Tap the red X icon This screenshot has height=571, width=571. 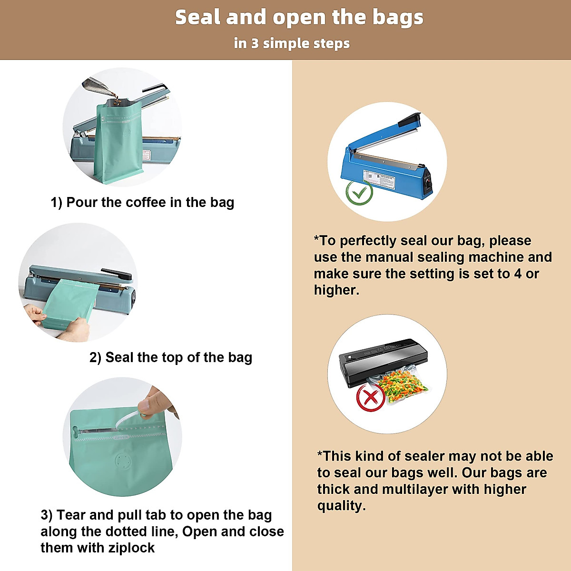point(371,397)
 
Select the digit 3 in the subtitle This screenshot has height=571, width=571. point(255,43)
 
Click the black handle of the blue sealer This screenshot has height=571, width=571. point(409,120)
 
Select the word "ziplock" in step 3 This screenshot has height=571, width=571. point(131,548)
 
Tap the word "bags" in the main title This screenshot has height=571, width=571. point(397,18)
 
